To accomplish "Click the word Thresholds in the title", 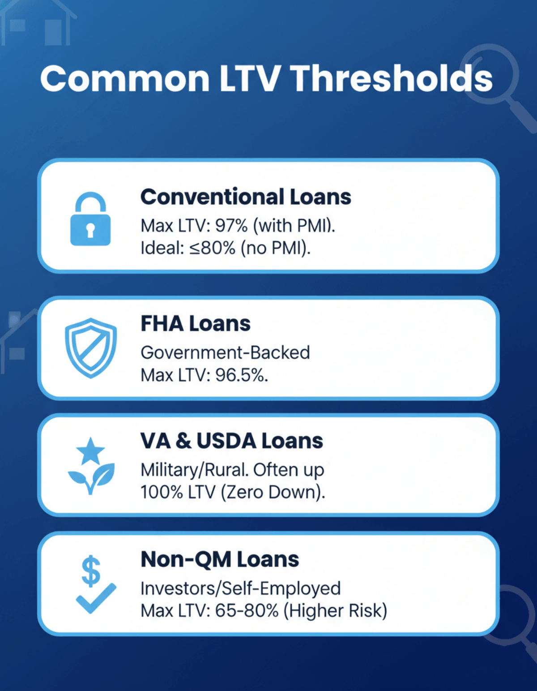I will pyautogui.click(x=392, y=79).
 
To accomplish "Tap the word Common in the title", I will pyautogui.click(x=125, y=79).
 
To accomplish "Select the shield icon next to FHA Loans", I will pyautogui.click(x=91, y=348).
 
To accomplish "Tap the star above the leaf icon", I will pyautogui.click(x=91, y=451).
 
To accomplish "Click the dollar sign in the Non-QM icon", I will pyautogui.click(x=91, y=571).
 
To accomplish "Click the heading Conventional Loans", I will pyautogui.click(x=246, y=197).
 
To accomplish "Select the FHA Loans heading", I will pyautogui.click(x=196, y=324).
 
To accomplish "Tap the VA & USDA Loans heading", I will pyautogui.click(x=231, y=441).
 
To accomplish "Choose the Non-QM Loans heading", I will pyautogui.click(x=220, y=559).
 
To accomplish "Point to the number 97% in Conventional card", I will pyautogui.click(x=231, y=226).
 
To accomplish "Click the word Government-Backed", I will pyautogui.click(x=225, y=353).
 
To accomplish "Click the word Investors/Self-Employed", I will pyautogui.click(x=241, y=588).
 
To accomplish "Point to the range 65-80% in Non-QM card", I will pyautogui.click(x=247, y=611).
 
